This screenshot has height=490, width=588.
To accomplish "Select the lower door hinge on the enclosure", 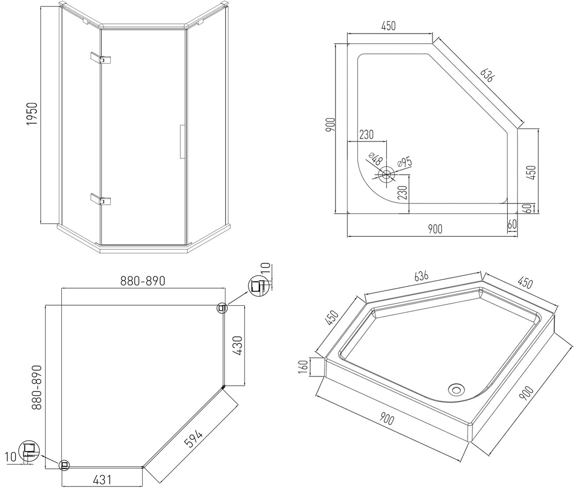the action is click(x=100, y=199).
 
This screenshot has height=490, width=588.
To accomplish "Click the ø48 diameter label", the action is click(x=376, y=159).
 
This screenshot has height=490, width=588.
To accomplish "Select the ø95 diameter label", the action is click(x=405, y=163).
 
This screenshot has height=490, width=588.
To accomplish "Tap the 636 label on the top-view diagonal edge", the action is click(x=487, y=74).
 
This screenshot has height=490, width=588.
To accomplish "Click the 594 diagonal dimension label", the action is click(x=193, y=439).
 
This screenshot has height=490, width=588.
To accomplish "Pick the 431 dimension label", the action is click(x=102, y=480).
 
